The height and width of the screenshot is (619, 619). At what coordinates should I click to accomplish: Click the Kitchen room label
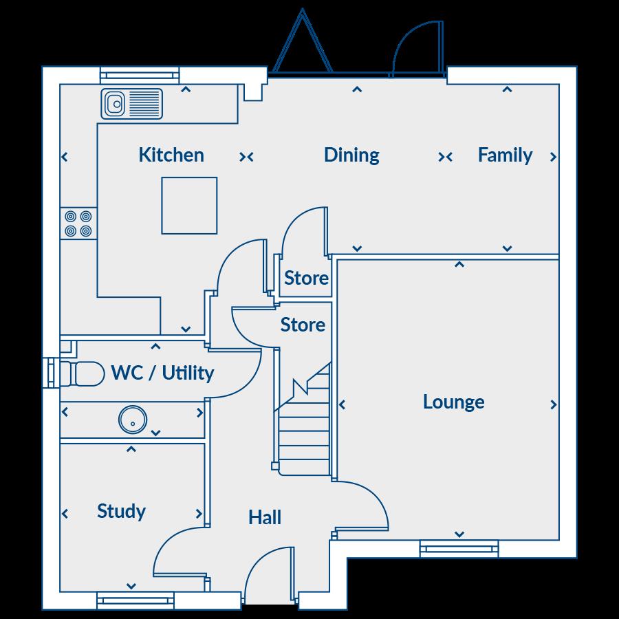[x=171, y=155]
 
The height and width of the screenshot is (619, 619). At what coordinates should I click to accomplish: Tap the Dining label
[x=351, y=155]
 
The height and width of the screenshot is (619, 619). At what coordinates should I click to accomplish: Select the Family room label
[x=505, y=155]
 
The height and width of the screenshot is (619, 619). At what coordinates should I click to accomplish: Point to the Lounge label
[x=453, y=402]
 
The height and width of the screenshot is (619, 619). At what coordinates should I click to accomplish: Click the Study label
[x=121, y=511]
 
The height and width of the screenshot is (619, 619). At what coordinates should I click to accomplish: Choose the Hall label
[x=265, y=517]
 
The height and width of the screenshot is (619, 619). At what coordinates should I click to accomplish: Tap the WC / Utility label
[x=162, y=373]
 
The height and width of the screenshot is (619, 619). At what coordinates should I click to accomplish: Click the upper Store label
[x=306, y=279]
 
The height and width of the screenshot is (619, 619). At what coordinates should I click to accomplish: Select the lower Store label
[x=303, y=325]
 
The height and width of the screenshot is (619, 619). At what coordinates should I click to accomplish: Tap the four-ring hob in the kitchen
[x=78, y=224]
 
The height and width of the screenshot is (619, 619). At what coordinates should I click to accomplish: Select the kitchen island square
[x=189, y=206]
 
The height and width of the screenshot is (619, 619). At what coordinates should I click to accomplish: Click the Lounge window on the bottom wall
[x=459, y=548]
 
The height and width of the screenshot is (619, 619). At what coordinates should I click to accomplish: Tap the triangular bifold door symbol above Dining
[x=302, y=45]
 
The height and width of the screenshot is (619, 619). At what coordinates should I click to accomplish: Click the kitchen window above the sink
[x=140, y=75]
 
